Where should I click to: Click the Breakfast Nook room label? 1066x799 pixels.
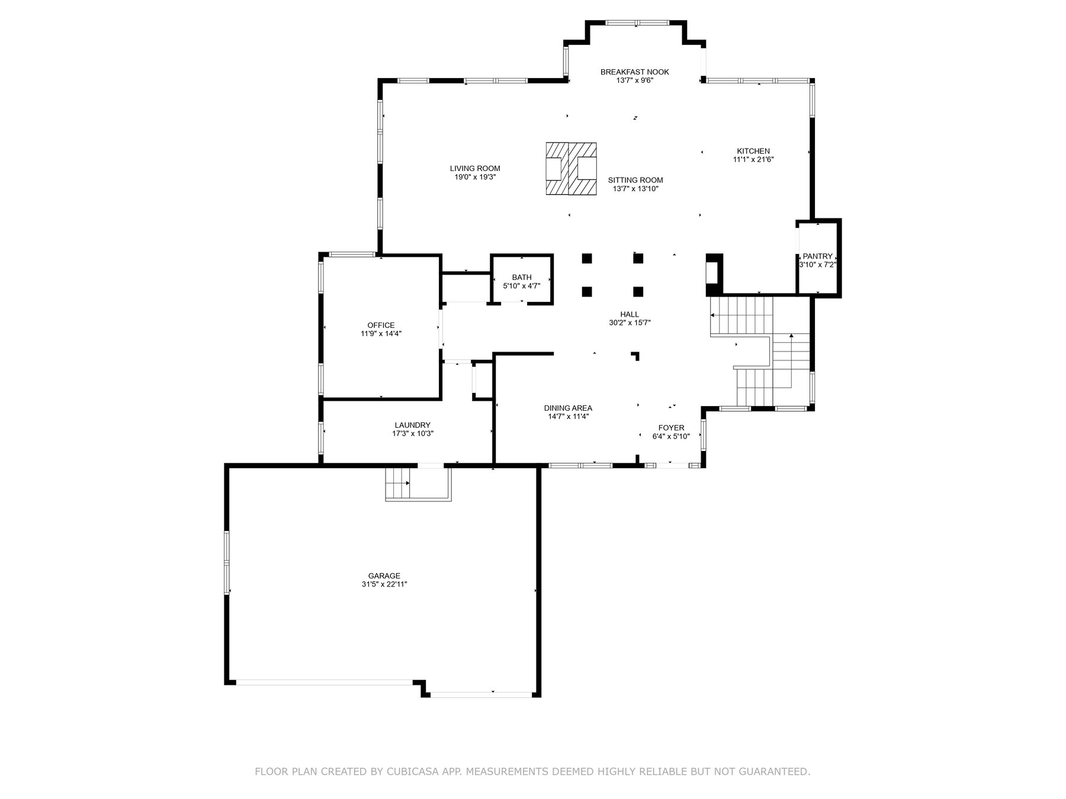pos(634,72)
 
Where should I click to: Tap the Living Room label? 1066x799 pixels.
pos(475,169)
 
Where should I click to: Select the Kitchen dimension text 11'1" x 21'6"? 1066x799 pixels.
pos(753,159)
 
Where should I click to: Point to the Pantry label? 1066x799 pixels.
pos(817,256)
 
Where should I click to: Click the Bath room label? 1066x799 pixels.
pos(522,278)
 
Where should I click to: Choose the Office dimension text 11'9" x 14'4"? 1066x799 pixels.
pos(381,334)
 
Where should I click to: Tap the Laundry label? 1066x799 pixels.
pos(412,425)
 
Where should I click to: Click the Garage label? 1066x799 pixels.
pos(384,576)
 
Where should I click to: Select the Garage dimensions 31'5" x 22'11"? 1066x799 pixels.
pos(384,584)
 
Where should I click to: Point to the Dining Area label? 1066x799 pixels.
pos(568,408)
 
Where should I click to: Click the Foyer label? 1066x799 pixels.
pos(671,428)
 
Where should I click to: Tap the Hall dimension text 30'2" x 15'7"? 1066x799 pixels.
pos(630,323)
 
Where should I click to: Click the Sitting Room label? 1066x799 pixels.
pos(635,181)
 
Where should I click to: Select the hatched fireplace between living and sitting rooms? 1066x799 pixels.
pos(571,168)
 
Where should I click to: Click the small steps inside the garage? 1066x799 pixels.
pos(398,484)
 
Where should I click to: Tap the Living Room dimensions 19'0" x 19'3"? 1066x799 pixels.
pos(475,177)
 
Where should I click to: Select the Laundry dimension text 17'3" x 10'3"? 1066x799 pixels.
pos(412,433)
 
